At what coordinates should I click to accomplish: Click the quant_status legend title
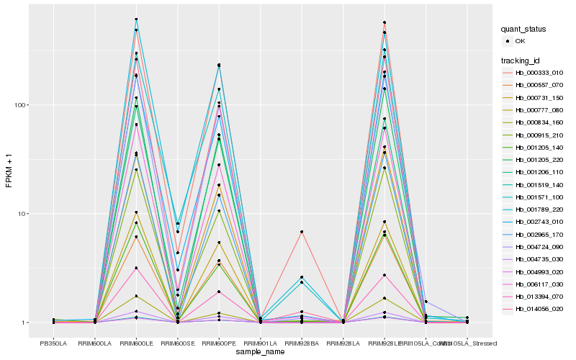(523, 29)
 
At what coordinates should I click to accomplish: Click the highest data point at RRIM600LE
(136, 19)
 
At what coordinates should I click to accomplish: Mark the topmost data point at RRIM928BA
(301, 232)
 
